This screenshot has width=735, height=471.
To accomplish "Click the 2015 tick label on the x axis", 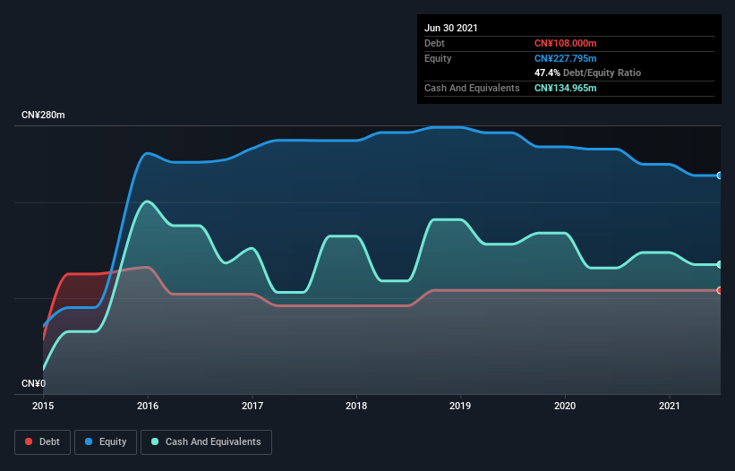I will [x=43, y=406].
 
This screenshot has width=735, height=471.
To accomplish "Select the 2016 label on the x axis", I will [x=148, y=406].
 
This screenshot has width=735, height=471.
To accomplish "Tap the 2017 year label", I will [x=252, y=406].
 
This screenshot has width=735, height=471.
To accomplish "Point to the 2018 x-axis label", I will [x=356, y=406].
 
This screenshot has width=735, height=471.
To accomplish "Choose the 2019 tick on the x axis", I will [x=461, y=406].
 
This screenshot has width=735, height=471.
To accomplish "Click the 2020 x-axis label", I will [x=565, y=406].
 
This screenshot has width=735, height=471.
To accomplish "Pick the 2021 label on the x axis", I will [x=670, y=406].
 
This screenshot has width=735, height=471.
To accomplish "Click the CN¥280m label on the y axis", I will [x=44, y=116].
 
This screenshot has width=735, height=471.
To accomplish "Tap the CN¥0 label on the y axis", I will [x=34, y=383].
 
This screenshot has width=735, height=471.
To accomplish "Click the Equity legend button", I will [x=106, y=441].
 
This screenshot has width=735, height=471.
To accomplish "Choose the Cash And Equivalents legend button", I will [x=206, y=441].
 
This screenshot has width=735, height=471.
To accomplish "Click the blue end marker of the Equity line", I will [x=719, y=176].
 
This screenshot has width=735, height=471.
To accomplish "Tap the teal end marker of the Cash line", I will [x=719, y=264].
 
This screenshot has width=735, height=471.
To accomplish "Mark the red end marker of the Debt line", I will [x=719, y=290].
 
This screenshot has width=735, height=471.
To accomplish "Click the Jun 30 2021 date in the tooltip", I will [x=451, y=28].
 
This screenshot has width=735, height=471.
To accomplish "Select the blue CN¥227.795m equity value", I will [x=565, y=58].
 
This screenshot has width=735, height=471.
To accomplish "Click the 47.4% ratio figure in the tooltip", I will [x=547, y=73].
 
